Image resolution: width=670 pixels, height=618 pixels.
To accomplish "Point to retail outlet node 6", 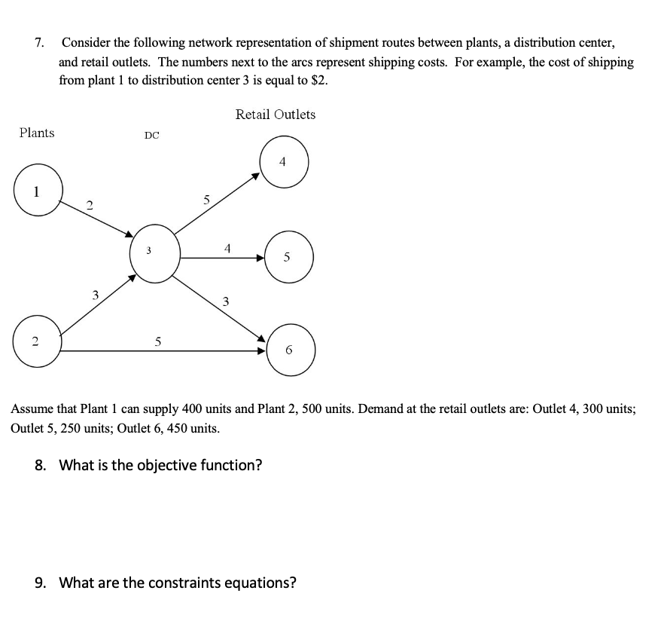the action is tap(290, 349).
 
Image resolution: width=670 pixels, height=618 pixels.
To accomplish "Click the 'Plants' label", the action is tap(37, 133).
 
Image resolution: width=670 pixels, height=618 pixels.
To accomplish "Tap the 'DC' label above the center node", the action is tap(151, 136).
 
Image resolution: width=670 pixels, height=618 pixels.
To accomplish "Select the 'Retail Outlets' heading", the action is tap(276, 115).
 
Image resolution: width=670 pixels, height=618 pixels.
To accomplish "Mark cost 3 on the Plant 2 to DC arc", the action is tap(95, 295).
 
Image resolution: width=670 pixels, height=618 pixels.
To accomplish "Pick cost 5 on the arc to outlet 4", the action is tap(206, 200).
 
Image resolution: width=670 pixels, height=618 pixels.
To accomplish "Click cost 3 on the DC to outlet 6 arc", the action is tap(225, 302).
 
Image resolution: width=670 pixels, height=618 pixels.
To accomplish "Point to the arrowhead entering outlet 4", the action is tap(256, 176).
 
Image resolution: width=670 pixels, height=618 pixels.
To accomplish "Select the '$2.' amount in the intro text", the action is tap(319, 81).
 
